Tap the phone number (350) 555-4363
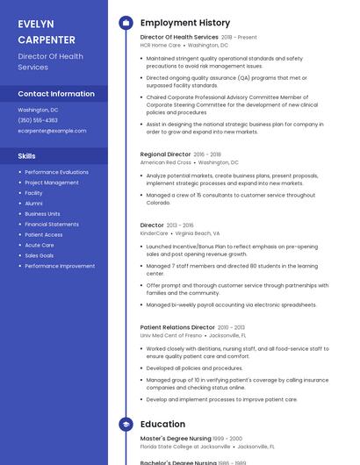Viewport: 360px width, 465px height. (38, 120)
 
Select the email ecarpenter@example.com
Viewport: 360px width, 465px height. (53, 131)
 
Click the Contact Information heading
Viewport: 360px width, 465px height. (56, 94)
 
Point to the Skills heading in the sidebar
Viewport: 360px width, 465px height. (27, 155)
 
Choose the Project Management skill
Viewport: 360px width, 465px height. (52, 182)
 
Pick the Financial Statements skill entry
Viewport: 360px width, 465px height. (52, 225)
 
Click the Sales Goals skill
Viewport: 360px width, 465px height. (40, 255)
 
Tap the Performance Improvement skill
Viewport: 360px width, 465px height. (60, 266)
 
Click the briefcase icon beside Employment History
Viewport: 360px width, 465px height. (126, 23)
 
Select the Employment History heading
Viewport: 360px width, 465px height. (185, 23)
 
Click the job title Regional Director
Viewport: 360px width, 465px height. (165, 154)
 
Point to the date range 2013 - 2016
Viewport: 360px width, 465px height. (179, 225)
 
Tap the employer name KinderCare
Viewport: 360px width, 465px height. (154, 233)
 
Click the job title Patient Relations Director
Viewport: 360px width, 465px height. (177, 327)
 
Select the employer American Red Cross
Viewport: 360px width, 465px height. (165, 162)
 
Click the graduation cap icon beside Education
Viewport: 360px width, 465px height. (126, 425)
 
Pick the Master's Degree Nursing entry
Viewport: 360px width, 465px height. (176, 438)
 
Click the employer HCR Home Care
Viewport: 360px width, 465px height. (161, 45)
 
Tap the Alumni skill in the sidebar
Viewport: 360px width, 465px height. (33, 204)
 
